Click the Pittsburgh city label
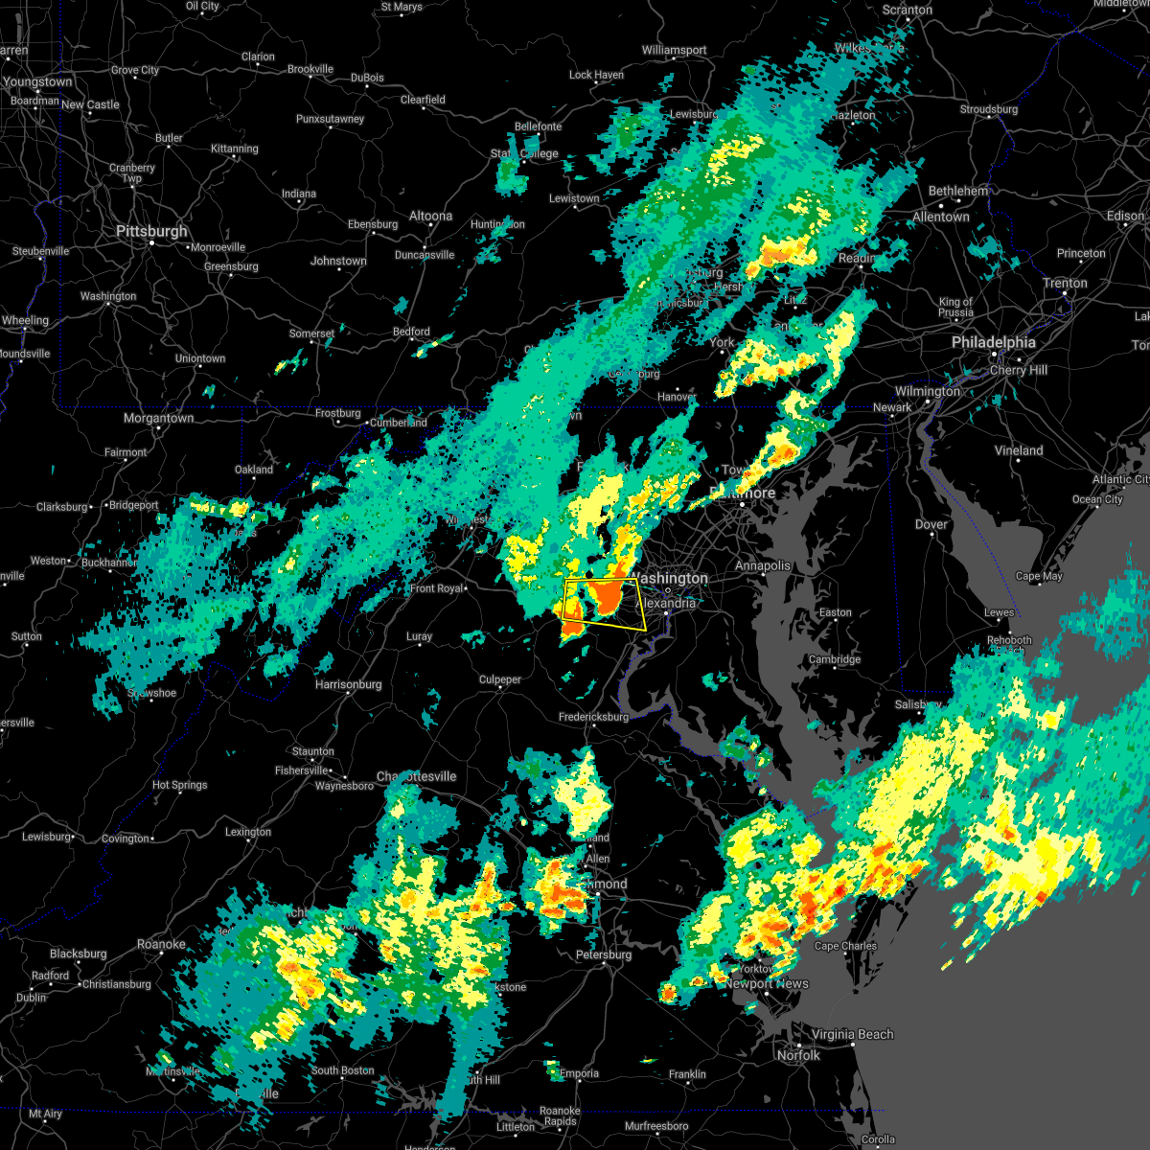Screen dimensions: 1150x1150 151,231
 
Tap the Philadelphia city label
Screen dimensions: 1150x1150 993,342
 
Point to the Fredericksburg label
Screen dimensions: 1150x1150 593,717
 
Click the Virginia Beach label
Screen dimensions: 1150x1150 852,1034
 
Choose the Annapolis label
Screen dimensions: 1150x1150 763,565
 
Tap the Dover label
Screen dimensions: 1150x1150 931,524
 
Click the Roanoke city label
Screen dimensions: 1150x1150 161,944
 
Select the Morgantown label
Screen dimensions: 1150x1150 158,418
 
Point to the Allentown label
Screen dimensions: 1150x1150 940,217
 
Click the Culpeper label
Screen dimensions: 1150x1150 500,679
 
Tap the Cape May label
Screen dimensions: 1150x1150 1039,576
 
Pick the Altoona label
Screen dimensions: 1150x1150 430,216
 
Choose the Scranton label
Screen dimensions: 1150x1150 907,10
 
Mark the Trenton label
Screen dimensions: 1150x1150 1066,283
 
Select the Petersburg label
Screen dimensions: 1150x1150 604,954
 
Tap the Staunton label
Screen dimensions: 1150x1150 313,751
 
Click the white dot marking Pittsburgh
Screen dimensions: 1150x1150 152,243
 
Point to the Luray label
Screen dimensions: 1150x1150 419,636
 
